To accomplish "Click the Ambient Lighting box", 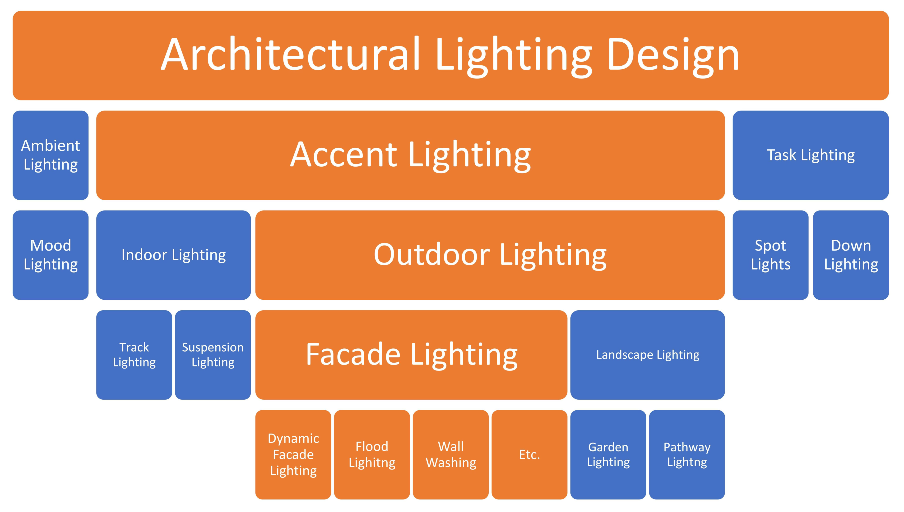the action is coord(51,155).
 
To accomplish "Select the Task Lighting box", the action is coord(811,155).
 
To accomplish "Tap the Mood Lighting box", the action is coord(51,255).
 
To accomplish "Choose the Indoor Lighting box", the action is coord(173,255).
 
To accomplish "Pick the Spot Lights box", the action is coord(771,255).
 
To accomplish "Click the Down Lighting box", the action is coord(851,255).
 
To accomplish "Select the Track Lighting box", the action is coord(134,355).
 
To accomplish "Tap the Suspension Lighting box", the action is coord(213,355).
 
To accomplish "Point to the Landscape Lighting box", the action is coord(648,355).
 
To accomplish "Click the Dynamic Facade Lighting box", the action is coord(293,455).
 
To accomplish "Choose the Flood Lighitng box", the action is coord(372,455).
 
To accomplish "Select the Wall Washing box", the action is coord(451,455).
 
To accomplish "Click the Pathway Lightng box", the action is coord(687,455).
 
